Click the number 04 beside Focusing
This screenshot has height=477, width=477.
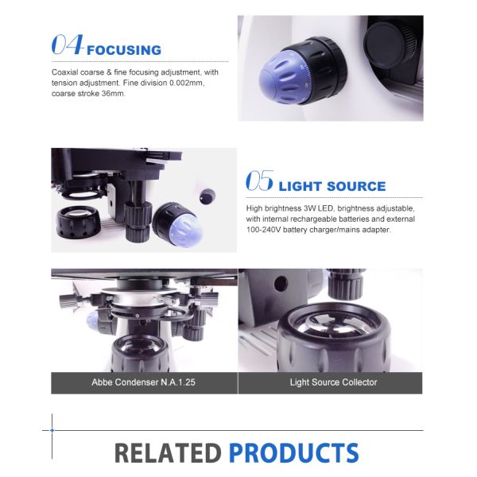[68, 45]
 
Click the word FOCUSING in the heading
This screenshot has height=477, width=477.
[124, 50]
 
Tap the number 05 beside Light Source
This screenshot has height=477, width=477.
[259, 180]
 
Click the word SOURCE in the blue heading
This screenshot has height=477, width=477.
[356, 187]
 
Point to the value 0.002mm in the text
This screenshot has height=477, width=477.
[187, 83]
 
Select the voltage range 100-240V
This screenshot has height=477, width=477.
[263, 230]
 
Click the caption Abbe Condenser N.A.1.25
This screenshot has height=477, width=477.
[144, 382]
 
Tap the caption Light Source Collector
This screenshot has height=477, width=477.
[333, 382]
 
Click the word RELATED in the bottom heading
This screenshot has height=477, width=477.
[169, 453]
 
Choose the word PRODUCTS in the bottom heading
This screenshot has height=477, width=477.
[294, 453]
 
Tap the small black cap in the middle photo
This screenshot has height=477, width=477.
[207, 196]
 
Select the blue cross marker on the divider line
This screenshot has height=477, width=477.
[52, 430]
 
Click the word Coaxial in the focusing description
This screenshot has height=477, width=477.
[63, 72]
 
